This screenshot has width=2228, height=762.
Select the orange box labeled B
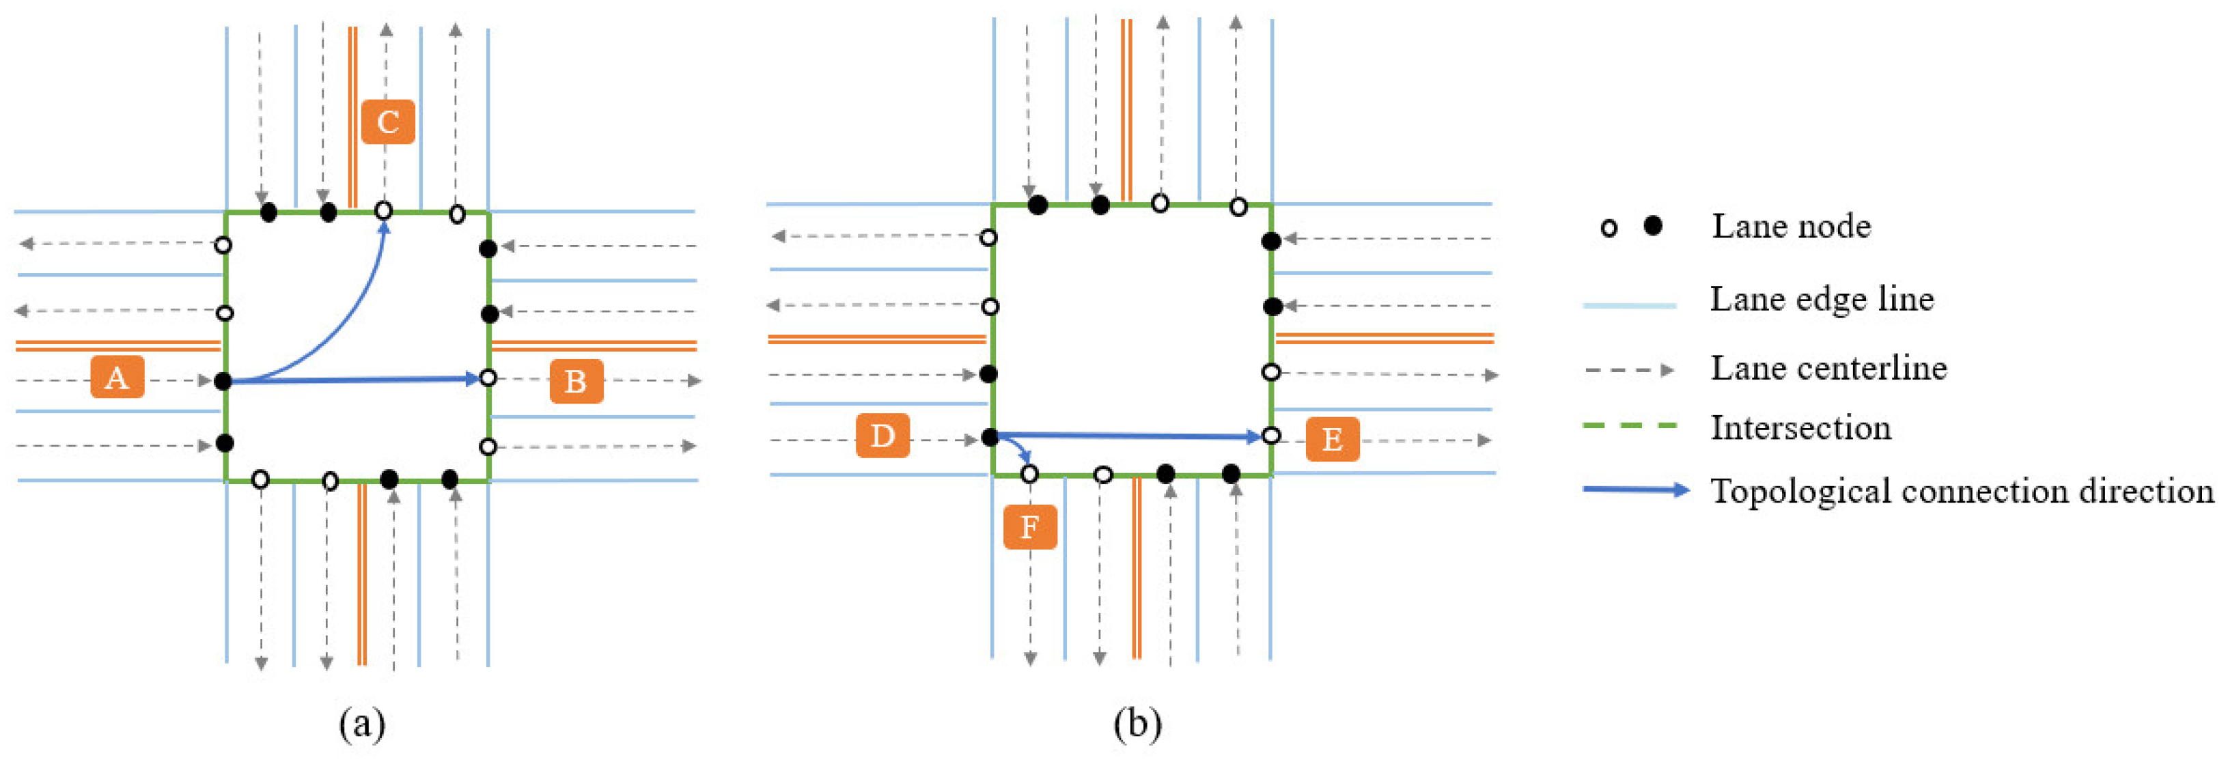576,382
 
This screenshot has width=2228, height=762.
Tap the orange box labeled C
387,122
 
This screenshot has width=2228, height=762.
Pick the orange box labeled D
882,435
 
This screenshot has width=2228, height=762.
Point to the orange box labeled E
1332,440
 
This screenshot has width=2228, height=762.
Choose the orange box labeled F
1029,526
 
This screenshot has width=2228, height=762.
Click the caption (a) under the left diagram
361,722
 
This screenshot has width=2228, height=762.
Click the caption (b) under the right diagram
1137,722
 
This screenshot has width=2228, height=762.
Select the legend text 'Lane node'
1792,227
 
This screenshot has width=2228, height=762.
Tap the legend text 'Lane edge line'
1822,299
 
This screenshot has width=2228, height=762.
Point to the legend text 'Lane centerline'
1828,369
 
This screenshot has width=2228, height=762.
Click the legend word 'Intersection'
1800,428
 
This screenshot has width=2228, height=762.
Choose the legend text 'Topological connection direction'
1962,492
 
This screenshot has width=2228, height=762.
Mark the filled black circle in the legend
1653,227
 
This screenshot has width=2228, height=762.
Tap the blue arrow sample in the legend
1634,490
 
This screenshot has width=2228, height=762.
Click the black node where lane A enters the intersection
223,380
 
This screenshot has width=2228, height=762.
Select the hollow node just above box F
1029,474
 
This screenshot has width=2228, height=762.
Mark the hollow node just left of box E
1270,436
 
